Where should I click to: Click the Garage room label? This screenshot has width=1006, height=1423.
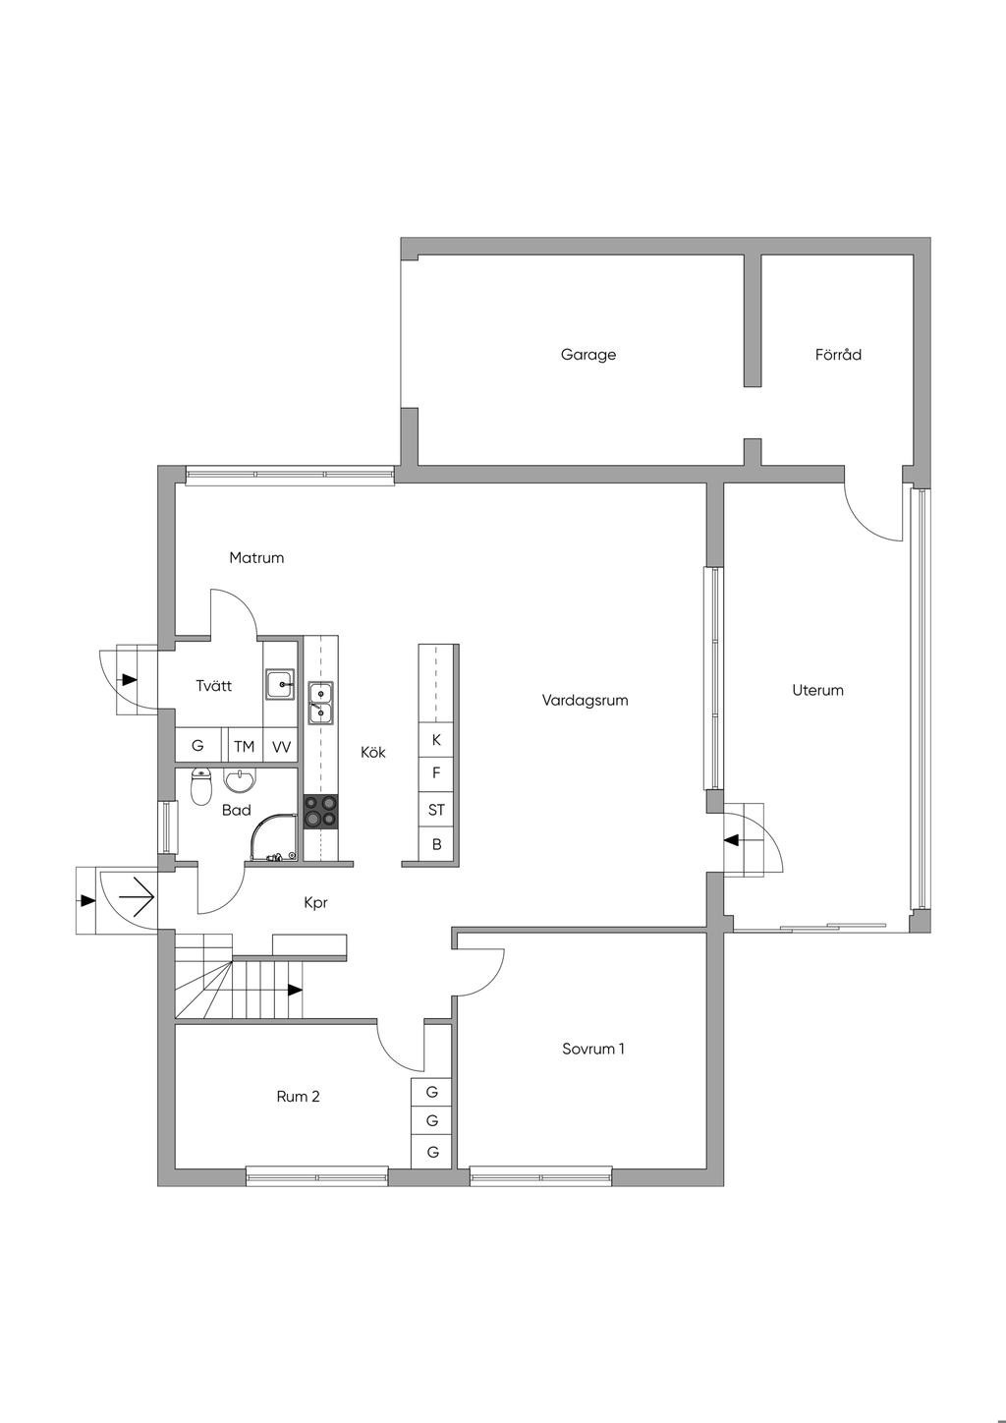(588, 355)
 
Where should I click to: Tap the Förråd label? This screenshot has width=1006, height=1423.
(838, 354)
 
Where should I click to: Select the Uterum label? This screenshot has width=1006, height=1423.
(818, 690)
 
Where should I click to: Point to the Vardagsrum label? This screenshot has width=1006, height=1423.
(585, 700)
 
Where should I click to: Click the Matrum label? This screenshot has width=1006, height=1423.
(256, 558)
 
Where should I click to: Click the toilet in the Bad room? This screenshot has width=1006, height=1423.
(201, 787)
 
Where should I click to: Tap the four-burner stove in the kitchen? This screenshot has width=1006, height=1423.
(320, 812)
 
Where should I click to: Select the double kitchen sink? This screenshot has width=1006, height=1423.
(320, 704)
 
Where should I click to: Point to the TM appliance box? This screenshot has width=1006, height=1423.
(245, 746)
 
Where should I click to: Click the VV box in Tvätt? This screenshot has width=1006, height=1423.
(281, 746)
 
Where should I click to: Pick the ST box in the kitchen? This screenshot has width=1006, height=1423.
(436, 810)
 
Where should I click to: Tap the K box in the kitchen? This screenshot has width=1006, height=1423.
(436, 739)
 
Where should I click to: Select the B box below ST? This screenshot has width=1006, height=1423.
(436, 844)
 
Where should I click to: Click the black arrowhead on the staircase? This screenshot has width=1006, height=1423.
(296, 989)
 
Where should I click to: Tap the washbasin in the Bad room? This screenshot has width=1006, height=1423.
(240, 780)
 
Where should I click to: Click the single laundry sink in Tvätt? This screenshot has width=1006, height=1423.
(280, 684)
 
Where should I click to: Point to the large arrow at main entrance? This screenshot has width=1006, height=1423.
(137, 897)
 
